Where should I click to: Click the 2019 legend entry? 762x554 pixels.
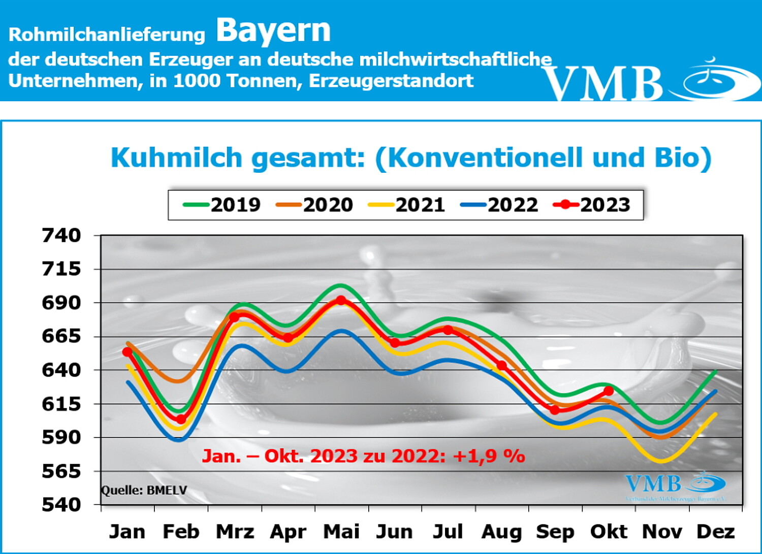[222, 205]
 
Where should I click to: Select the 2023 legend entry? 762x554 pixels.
[592, 205]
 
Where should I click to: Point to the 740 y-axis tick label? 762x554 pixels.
[61, 235]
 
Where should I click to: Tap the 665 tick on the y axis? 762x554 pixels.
[61, 336]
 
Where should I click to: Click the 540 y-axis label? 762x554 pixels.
[61, 505]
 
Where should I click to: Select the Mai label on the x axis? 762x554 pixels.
[341, 532]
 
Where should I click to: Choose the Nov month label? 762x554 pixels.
[662, 532]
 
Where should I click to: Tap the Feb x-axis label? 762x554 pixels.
[181, 532]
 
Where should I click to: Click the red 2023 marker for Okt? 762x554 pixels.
[609, 391]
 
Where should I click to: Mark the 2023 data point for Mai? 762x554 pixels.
[341, 300]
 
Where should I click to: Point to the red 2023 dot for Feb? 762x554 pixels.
[181, 419]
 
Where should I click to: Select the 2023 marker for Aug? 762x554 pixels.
[502, 365]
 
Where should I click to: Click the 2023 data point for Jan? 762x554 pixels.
[127, 352]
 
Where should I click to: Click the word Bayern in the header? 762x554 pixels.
[273, 30]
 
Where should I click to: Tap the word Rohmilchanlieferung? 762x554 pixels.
[107, 35]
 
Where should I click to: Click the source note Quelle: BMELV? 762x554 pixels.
[144, 490]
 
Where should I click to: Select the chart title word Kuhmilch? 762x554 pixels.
[176, 158]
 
